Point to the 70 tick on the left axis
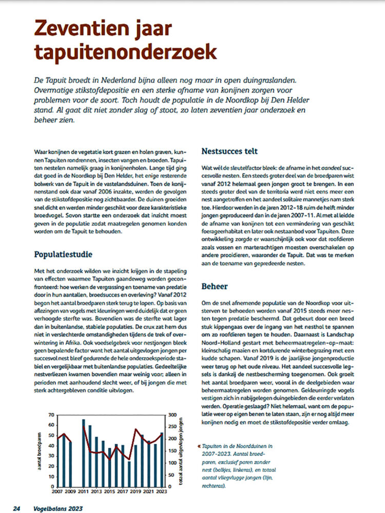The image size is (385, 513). pyautogui.click(x=51, y=415)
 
